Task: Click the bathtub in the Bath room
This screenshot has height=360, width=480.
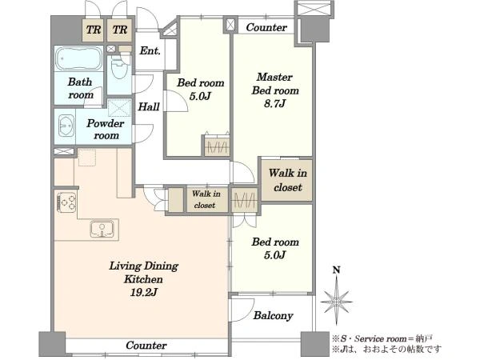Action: coord(78,58)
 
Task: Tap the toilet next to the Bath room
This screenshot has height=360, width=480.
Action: coord(120,66)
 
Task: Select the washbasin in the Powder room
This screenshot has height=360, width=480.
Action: coord(66,126)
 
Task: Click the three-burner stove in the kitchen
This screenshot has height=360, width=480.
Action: coord(66,202)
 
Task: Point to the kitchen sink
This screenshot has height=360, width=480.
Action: coord(102,229)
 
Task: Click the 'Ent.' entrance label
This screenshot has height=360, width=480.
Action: coord(150,50)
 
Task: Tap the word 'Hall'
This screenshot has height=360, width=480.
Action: coord(149,106)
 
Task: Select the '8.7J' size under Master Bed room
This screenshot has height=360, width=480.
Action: coord(274,104)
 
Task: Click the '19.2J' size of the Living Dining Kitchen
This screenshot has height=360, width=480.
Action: coord(143,293)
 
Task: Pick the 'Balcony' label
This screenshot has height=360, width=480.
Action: coord(273,315)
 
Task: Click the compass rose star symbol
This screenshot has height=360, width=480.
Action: coord(337,302)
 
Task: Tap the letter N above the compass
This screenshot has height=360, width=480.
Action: coord(337,270)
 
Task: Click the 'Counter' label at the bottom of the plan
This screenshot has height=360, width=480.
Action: coord(146,346)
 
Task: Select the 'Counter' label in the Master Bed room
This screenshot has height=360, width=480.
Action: coord(266,27)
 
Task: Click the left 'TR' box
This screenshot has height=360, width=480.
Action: coord(94,30)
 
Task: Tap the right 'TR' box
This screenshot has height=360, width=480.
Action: coord(120,30)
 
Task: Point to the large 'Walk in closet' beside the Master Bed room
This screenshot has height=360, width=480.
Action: coord(287,180)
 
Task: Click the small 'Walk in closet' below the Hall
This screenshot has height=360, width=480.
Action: coord(206,199)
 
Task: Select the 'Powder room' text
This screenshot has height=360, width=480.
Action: coord(106,129)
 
